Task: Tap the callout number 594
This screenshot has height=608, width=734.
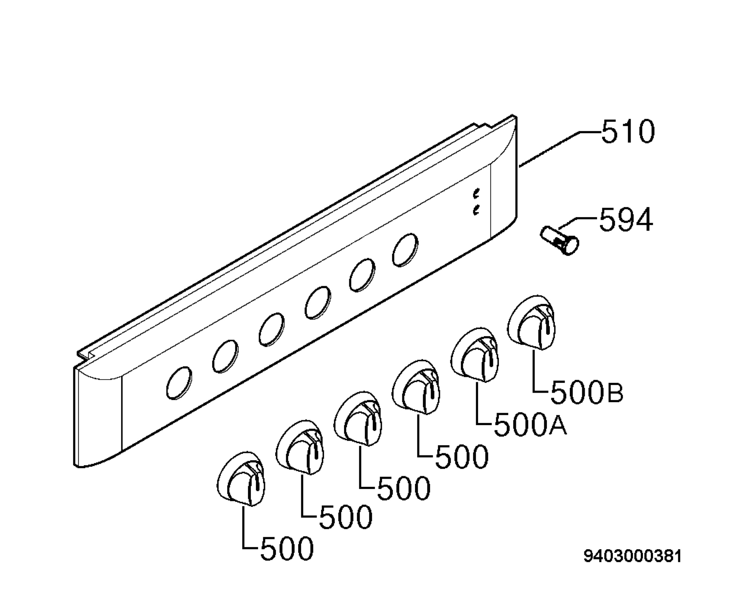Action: coord(626,220)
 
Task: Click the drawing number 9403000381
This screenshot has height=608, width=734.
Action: coord(633,566)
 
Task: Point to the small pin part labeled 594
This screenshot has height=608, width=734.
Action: coord(560,240)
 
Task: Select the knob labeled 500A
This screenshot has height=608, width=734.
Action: coord(475,355)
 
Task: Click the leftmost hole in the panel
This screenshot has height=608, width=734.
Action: coord(179,383)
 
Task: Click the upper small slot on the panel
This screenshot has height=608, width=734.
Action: coord(476,193)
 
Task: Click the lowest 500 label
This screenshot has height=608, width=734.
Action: coord(287,548)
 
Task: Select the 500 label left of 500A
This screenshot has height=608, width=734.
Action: coord(462,456)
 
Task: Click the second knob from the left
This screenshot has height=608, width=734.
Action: coord(299,447)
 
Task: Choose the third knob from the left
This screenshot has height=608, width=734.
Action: coord(358,419)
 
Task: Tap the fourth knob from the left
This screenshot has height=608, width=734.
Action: coord(416,387)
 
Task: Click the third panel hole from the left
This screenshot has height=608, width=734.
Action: coord(272,329)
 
